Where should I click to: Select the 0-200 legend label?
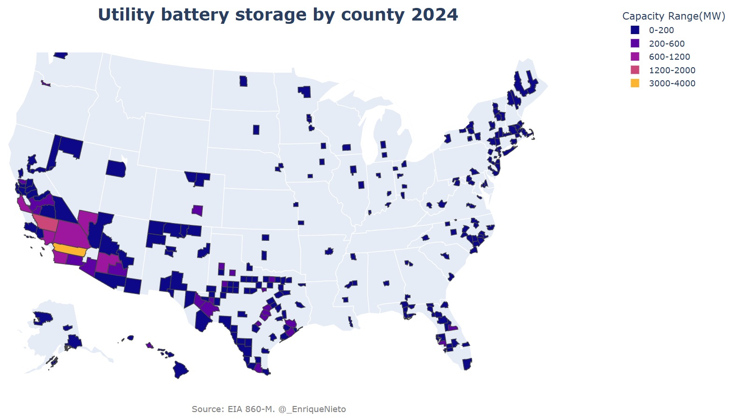[x=661, y=30]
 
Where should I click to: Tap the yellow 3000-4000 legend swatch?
[x=635, y=84]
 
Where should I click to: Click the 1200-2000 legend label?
[x=672, y=70]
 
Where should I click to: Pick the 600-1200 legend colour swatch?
[x=635, y=57]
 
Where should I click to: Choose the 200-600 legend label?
[x=666, y=44]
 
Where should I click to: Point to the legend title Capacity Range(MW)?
[x=673, y=16]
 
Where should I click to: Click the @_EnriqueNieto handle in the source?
[x=312, y=409]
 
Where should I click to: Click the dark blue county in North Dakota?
[x=243, y=81]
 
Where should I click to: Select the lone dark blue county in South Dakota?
[x=256, y=130]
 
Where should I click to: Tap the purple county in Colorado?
[x=198, y=210]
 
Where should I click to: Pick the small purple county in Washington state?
[x=45, y=83]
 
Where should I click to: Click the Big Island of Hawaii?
[x=180, y=370]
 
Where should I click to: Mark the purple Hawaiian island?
[x=149, y=345]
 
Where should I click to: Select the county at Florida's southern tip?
[x=467, y=364]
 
